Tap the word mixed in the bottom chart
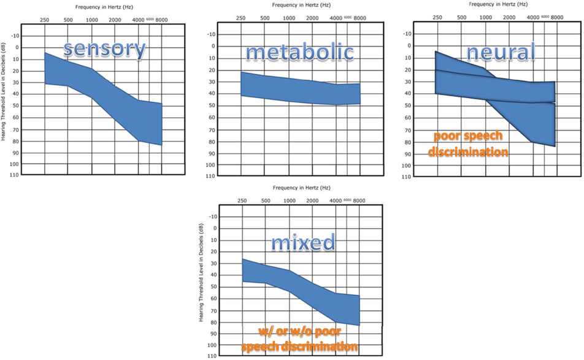pyautogui.click(x=304, y=242)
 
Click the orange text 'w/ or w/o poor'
pyautogui.click(x=299, y=332)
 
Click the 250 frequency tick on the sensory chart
pyautogui.click(x=45, y=20)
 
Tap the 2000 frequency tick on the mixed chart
pyautogui.click(x=312, y=201)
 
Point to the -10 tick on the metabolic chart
pyautogui.click(x=210, y=34)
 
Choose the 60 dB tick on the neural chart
pyautogui.click(x=406, y=117)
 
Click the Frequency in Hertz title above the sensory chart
pyautogui.click(x=102, y=6)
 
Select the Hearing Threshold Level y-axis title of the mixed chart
pyautogui.click(x=201, y=273)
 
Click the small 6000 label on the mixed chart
pyautogui.click(x=347, y=200)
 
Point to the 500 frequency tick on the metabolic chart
pyautogui.click(x=265, y=18)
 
